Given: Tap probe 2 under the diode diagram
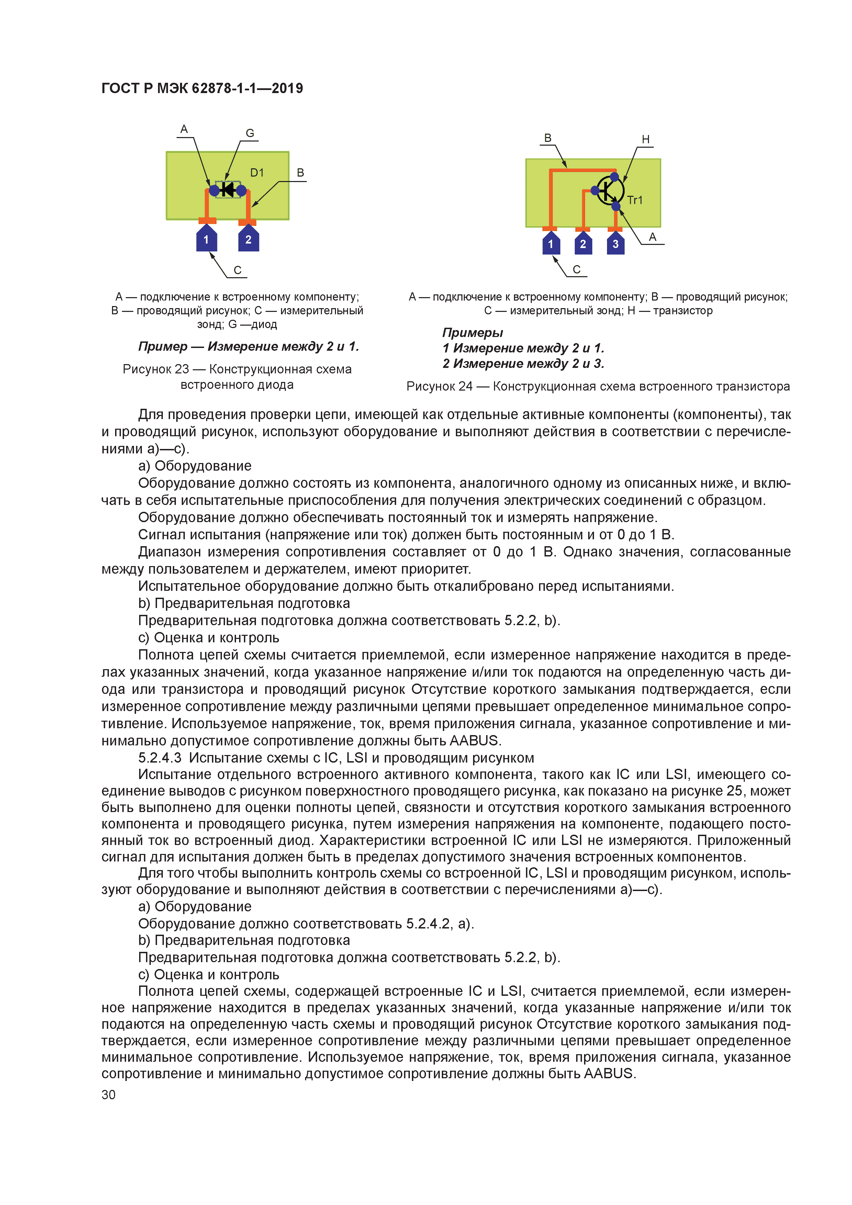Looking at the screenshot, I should coord(248,239).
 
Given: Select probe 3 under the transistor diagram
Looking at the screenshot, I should coord(615,244).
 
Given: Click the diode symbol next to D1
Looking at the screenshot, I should coord(228,190).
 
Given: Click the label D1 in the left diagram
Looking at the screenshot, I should coord(257,173).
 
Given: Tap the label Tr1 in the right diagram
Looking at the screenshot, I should coord(635,200).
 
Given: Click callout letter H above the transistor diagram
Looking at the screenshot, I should coord(646,139).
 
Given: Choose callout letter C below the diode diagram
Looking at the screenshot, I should coord(237,270).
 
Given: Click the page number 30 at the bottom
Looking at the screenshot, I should coord(108,1095).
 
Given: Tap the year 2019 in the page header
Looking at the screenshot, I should coord(287,88).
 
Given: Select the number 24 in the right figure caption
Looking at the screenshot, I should coord(465,386).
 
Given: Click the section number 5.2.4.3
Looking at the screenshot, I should coord(160,757).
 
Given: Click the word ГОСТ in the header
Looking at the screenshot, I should coord(120,88).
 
